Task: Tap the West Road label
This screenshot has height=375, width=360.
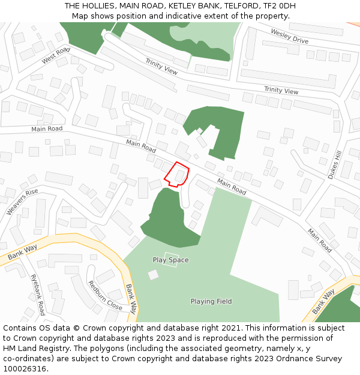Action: pyautogui.click(x=56, y=56)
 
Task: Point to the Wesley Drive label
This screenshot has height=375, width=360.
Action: pyautogui.click(x=289, y=36)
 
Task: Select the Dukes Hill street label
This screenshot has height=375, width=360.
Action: pyautogui.click(x=334, y=164)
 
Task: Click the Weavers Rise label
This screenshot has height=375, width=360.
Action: pyautogui.click(x=22, y=202)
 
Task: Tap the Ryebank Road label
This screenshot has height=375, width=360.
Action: pyautogui.click(x=38, y=295)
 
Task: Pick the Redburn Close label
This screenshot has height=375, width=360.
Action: pyautogui.click(x=105, y=295)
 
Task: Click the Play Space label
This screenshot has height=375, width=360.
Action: pyautogui.click(x=170, y=260)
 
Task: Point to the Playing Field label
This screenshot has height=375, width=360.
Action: pyautogui.click(x=211, y=301)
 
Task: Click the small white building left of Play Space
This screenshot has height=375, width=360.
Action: pyautogui.click(x=153, y=274)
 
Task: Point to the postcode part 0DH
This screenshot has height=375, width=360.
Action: pyautogui.click(x=286, y=6)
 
